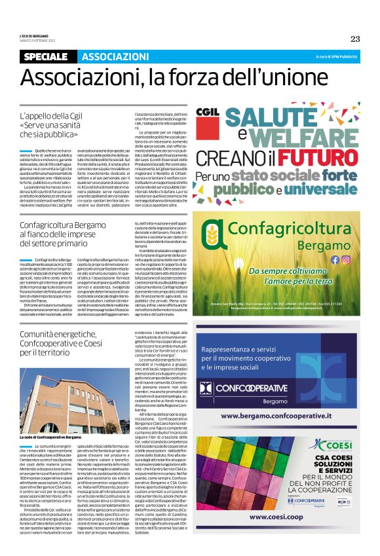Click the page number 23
[x=354, y=38]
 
